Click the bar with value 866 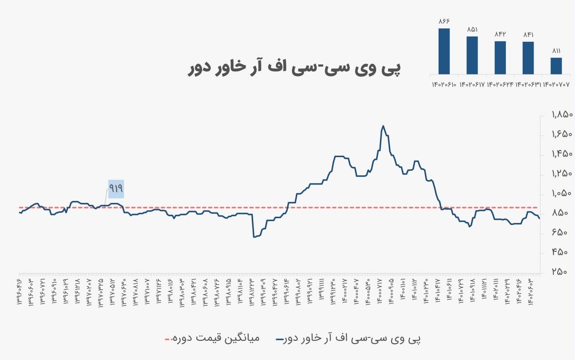(x=444, y=51)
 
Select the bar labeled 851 (x=472, y=55)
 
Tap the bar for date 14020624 (x=500, y=57)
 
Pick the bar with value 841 (x=528, y=58)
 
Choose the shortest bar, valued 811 (x=556, y=65)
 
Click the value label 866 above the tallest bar (x=444, y=21)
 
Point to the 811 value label (x=556, y=50)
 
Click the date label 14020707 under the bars (x=556, y=84)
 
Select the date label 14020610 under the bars (x=444, y=84)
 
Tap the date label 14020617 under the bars (x=472, y=84)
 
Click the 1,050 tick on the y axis (x=562, y=193)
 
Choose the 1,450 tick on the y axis (x=562, y=154)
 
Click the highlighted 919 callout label (x=116, y=189)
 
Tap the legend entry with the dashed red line (x=212, y=338)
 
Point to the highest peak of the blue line (x=383, y=126)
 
